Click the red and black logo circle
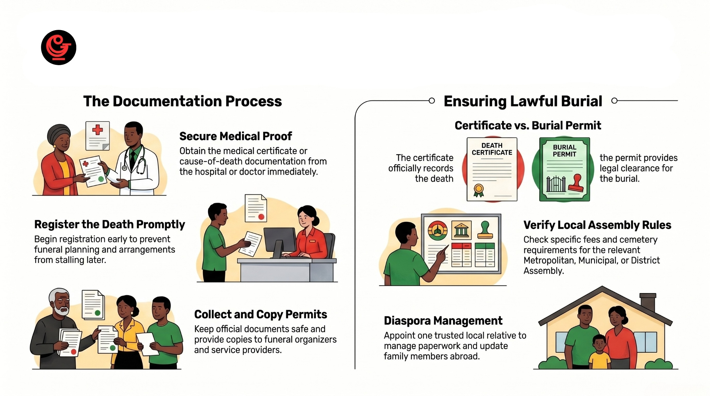tap(59, 47)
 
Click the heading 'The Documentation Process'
tap(182, 102)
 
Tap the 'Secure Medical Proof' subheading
tap(235, 136)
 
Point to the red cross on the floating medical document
tap(97, 130)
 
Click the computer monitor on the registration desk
tap(280, 240)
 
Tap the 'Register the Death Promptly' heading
tap(110, 225)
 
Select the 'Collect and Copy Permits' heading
tap(260, 314)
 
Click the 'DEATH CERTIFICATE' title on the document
tap(492, 149)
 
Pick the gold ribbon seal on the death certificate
tap(479, 190)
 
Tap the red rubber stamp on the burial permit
tap(576, 183)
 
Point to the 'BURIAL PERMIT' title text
tap(564, 151)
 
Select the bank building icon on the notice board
tap(461, 230)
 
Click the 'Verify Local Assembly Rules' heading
tap(597, 225)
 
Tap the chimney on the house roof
tap(647, 302)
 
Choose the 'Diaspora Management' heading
tap(443, 321)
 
